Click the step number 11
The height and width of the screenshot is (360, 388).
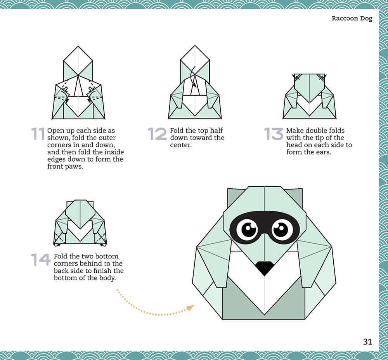point(38,134)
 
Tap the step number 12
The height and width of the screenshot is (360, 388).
point(157,134)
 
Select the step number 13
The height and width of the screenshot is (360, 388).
point(274,134)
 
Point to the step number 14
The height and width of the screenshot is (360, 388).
point(41,259)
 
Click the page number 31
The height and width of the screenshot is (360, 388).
point(367,341)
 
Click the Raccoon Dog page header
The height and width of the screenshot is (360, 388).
point(352,19)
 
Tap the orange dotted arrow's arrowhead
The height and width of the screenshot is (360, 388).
point(190,308)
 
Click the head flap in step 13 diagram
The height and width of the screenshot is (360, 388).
point(309,87)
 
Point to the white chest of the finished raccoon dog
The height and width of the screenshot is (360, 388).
point(264,295)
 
